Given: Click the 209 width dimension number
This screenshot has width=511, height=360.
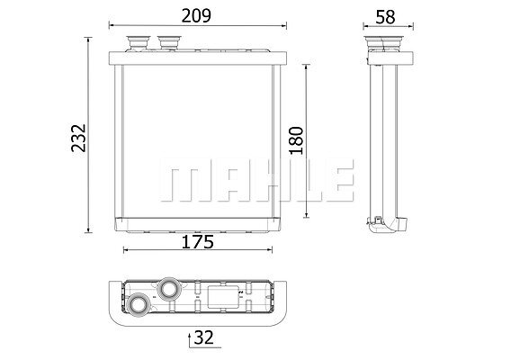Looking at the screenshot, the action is [x=196, y=15].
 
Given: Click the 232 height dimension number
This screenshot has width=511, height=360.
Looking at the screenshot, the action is [x=78, y=138].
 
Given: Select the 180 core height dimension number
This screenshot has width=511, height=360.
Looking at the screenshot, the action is [x=296, y=140].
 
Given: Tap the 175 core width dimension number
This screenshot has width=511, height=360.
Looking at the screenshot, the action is [x=198, y=242].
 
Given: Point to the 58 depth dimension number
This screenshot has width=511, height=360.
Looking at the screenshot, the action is [x=385, y=17].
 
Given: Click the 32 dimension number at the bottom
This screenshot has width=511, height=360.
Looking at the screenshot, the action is [x=203, y=337].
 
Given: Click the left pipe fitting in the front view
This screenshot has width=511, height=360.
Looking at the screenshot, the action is [x=139, y=42].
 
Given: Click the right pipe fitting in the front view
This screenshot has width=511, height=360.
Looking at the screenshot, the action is [x=169, y=42].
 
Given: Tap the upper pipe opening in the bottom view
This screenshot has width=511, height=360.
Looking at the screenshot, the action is [x=169, y=288].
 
